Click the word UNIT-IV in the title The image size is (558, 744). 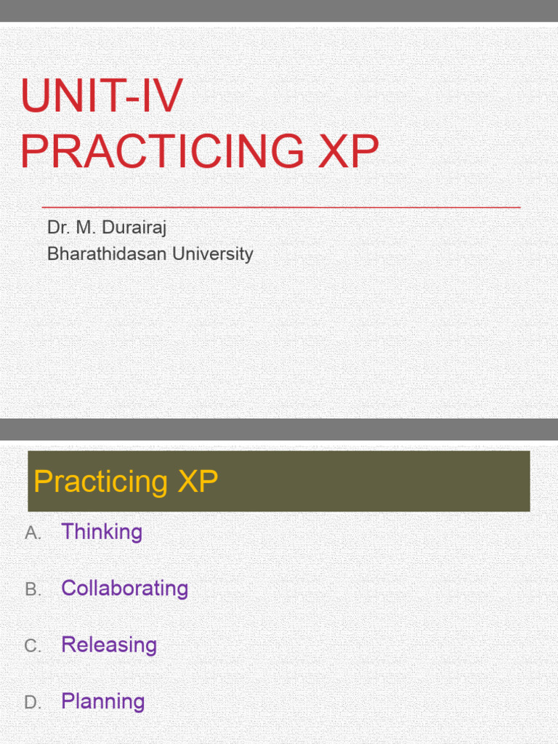coord(102,96)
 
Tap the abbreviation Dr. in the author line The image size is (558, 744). coord(57,227)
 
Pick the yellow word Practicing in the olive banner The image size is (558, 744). coord(101,482)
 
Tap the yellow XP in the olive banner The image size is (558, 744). coord(197,482)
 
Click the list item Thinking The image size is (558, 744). coord(102,532)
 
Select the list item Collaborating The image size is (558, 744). coord(124,589)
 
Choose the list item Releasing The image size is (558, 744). coord(109,645)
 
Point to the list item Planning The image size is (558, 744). coord(102,702)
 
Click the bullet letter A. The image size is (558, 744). coord(33,533)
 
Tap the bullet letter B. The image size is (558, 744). coord(33,590)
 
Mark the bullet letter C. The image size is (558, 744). coord(33,647)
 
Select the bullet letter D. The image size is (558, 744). coord(33,703)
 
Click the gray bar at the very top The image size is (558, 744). coord(279,11)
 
